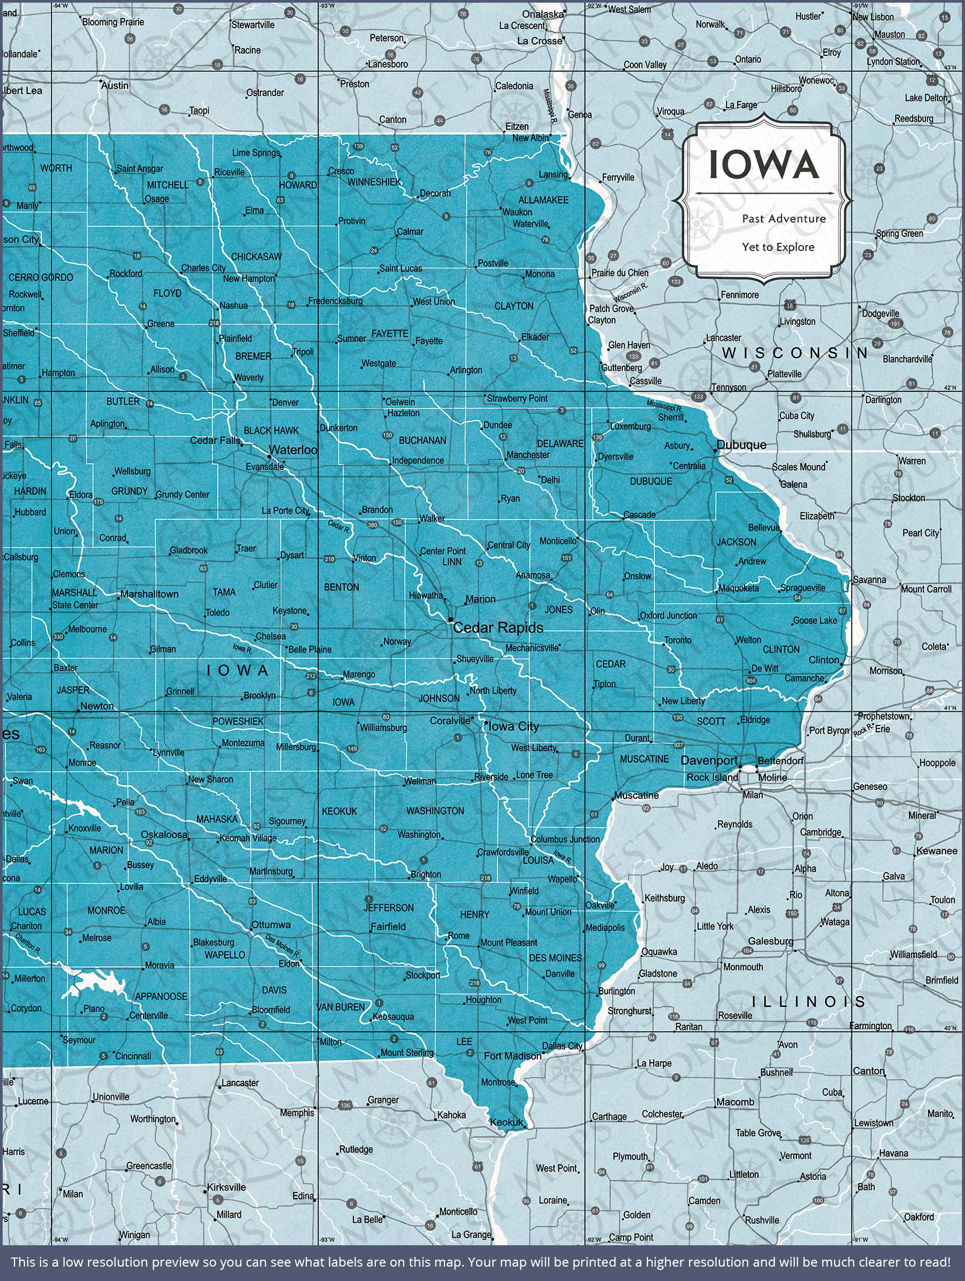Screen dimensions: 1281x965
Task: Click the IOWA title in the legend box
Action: (x=763, y=165)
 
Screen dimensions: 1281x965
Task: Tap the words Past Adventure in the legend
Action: (x=784, y=218)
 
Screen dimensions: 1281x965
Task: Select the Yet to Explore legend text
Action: (x=778, y=247)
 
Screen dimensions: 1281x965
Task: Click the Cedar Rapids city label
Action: (x=498, y=628)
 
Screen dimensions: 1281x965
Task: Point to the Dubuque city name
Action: (x=741, y=445)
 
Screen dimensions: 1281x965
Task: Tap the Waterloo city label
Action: (x=293, y=450)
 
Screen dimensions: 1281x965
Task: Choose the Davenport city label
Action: (x=709, y=761)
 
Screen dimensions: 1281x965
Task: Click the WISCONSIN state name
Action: (x=795, y=353)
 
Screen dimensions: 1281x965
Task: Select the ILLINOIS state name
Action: (x=808, y=1001)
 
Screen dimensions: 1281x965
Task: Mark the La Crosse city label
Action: (x=539, y=41)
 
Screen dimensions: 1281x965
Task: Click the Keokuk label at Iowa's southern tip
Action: (x=505, y=1122)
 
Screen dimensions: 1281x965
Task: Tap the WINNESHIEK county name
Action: (x=374, y=182)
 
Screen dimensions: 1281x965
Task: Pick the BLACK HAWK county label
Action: (x=271, y=430)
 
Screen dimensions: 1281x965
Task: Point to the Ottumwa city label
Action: (x=271, y=924)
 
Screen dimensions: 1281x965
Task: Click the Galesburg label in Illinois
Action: (x=770, y=941)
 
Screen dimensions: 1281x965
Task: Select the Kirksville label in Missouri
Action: (x=226, y=1187)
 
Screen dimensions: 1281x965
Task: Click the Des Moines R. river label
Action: (x=282, y=946)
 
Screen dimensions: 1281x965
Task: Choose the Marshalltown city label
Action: (x=149, y=594)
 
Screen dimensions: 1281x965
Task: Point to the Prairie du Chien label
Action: (x=620, y=273)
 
